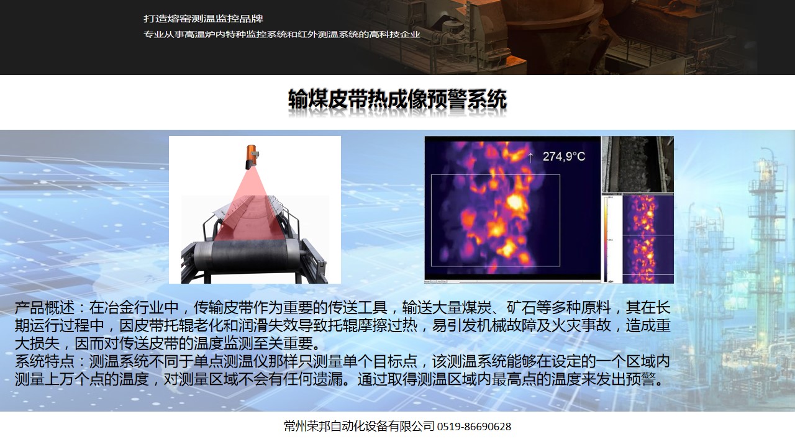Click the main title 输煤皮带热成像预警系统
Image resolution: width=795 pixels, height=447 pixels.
pyautogui.click(x=397, y=99)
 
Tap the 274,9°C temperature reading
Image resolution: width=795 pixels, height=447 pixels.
pyautogui.click(x=563, y=156)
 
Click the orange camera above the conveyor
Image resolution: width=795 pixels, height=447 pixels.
pyautogui.click(x=252, y=156)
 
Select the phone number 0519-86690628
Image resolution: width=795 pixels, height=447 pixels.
pyautogui.click(x=474, y=427)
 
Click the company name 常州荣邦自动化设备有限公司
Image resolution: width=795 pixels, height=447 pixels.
pyautogui.click(x=359, y=426)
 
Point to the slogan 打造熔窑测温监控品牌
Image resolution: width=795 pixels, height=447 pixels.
pyautogui.click(x=203, y=19)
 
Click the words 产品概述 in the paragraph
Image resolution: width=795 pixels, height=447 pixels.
pyautogui.click(x=44, y=307)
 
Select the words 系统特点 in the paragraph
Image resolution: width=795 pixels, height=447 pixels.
pyautogui.click(x=44, y=361)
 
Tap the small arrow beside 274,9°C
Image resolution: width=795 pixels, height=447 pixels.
pyautogui.click(x=530, y=158)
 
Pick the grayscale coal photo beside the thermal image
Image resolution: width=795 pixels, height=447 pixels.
pyautogui.click(x=638, y=165)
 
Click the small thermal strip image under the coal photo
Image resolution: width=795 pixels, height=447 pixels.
pyautogui.click(x=648, y=239)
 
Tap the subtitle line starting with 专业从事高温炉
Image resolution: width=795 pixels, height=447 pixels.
pyautogui.click(x=282, y=34)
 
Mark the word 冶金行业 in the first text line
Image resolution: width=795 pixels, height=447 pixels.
pyautogui.click(x=134, y=307)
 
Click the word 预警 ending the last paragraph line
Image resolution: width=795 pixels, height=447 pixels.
pyautogui.click(x=640, y=379)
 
